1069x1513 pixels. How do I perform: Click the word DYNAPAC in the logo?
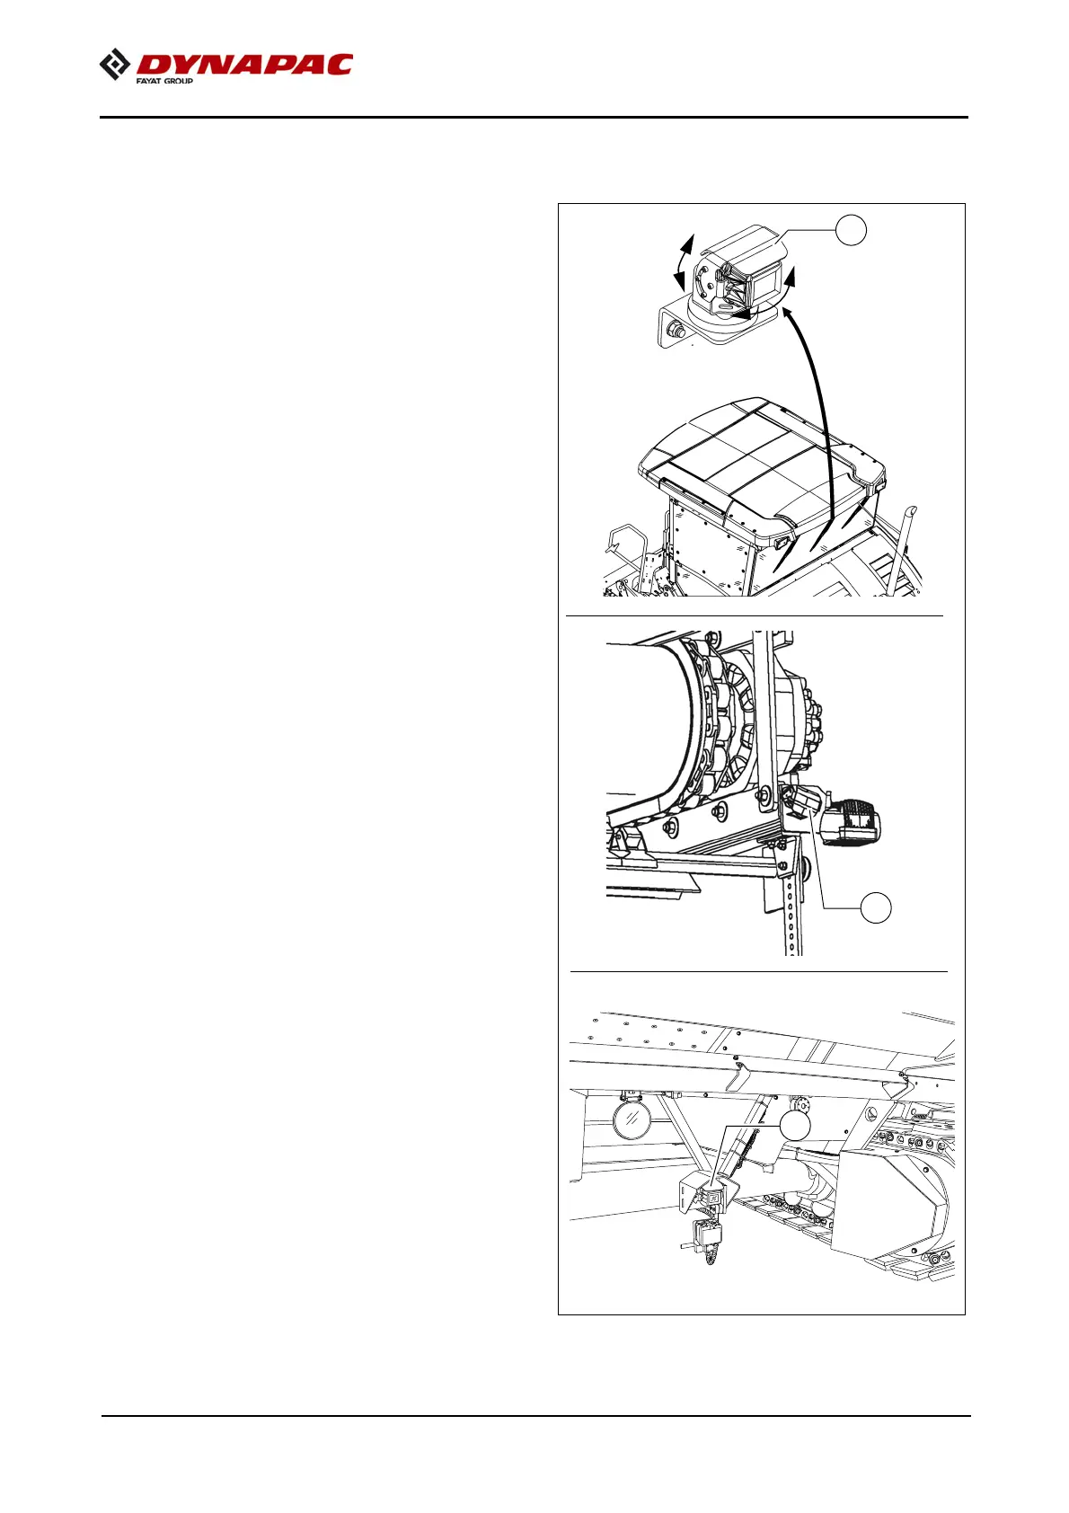[244, 65]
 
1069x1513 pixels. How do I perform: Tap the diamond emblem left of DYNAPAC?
[114, 66]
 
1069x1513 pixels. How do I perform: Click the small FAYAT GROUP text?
[164, 81]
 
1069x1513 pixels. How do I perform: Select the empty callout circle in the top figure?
[851, 230]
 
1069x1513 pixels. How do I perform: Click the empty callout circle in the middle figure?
[876, 907]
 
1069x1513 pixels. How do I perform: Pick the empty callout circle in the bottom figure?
[794, 1126]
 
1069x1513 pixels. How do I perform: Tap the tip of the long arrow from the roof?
[787, 310]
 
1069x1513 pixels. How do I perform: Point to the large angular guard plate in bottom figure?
[889, 1204]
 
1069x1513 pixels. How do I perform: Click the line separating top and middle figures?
[755, 616]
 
